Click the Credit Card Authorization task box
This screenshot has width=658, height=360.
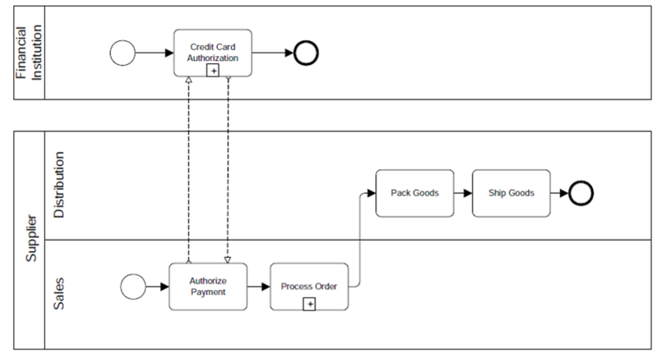click(213, 49)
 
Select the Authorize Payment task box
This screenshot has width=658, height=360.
click(207, 286)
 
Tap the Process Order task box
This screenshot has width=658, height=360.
click(308, 286)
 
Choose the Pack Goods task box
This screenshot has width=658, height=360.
click(415, 193)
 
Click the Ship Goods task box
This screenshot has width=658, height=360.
click(510, 193)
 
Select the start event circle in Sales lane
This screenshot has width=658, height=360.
click(132, 286)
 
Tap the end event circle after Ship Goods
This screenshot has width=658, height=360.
click(581, 193)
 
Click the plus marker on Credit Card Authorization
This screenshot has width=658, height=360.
click(213, 71)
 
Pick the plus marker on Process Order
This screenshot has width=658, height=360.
click(309, 304)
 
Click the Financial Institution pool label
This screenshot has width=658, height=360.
click(29, 53)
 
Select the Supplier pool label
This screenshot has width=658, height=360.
click(30, 238)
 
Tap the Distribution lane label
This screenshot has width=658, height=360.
click(58, 186)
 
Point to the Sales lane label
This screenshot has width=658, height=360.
click(58, 293)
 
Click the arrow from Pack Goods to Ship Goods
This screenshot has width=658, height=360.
click(462, 193)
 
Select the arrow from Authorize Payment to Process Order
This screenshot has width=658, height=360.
click(258, 287)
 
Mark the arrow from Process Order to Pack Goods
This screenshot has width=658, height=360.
click(360, 238)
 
